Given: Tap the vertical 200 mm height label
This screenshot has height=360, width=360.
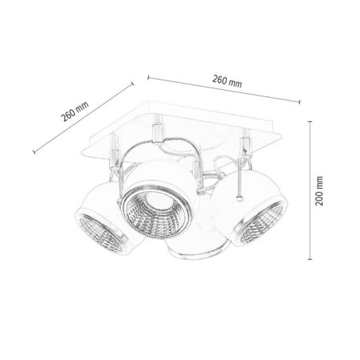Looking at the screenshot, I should pos(319,192).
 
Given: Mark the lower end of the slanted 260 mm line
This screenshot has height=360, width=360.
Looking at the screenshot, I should pos(32,151).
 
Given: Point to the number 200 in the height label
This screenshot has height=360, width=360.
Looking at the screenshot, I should pos(319,197).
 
